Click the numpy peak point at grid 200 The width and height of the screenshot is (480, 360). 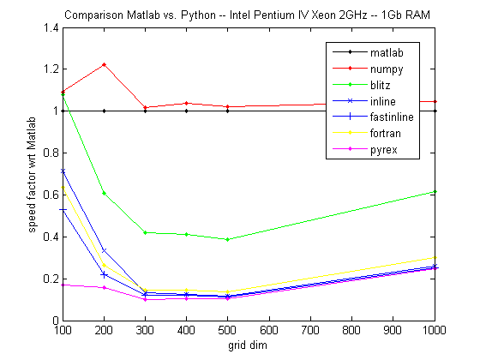[x=104, y=64]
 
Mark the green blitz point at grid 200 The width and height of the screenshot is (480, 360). [x=104, y=193]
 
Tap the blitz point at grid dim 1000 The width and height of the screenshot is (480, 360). [x=435, y=191]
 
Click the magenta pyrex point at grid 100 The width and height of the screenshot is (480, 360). [x=63, y=285]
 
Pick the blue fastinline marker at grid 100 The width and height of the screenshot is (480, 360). [x=63, y=209]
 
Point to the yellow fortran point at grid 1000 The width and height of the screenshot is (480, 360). [x=435, y=257]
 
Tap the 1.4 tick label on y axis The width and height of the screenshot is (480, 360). [x=48, y=27]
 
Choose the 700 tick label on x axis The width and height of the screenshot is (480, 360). [x=310, y=331]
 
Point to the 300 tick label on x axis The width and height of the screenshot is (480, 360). [x=145, y=331]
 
